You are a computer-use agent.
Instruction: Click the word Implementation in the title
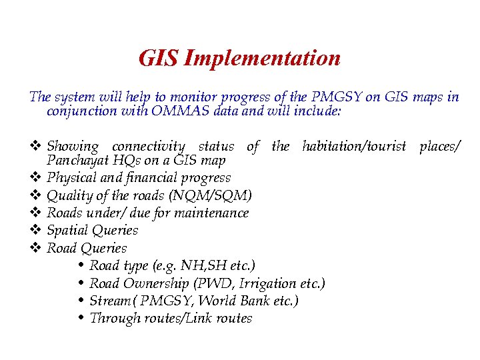(x=262, y=59)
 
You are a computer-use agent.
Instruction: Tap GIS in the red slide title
(x=158, y=59)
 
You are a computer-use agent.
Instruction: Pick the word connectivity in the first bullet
(x=149, y=146)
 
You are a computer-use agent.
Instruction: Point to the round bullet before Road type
(x=81, y=266)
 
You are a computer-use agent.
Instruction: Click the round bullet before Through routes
(x=81, y=318)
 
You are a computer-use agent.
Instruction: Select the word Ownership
(x=153, y=283)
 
